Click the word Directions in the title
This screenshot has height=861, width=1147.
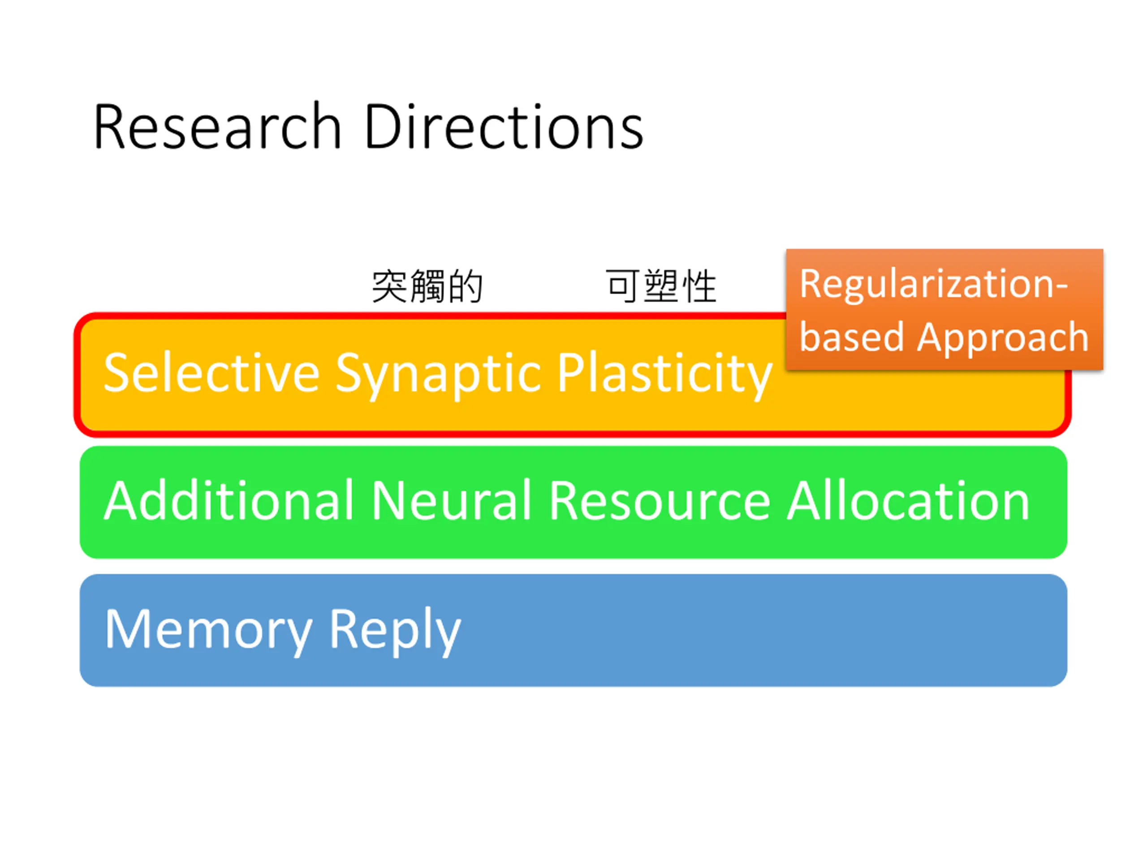504,126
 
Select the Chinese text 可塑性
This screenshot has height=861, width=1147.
662,286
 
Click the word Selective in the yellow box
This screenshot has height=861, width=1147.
211,373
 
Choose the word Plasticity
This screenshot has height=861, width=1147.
665,374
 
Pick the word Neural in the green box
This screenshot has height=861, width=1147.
451,500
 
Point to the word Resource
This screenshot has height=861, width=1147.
660,501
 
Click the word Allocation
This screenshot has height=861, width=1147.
908,500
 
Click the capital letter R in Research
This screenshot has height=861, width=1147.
109,126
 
